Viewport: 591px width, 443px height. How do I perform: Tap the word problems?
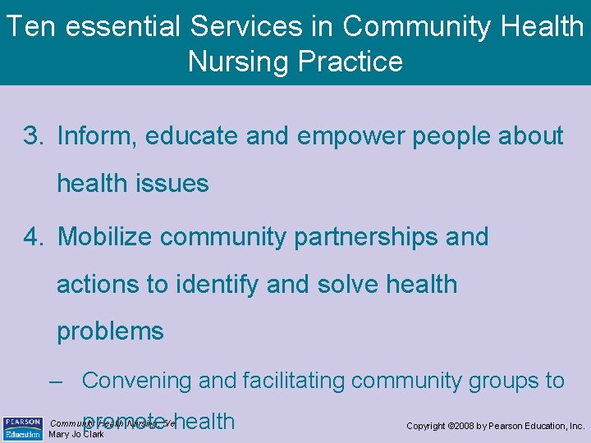(110, 332)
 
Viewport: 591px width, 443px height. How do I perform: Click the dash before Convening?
(56, 381)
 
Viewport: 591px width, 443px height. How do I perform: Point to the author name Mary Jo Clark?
(77, 435)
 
